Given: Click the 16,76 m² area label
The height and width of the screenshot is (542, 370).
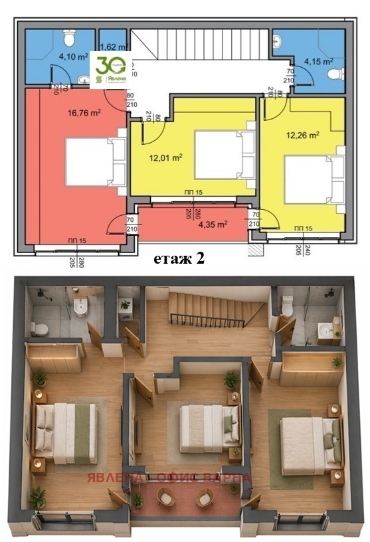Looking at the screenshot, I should tap(83, 113).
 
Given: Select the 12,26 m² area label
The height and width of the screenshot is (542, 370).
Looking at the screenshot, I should tap(303, 135).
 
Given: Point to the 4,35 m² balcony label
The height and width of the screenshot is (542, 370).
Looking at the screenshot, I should tap(213, 224).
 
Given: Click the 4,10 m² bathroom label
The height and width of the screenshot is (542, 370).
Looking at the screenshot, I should tap(73, 57).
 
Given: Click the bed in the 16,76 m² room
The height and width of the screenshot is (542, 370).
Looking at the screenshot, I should tap(93, 161).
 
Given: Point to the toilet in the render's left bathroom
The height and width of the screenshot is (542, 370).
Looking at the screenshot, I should tap(40, 328).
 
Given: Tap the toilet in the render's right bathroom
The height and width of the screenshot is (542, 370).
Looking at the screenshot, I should tap(288, 306).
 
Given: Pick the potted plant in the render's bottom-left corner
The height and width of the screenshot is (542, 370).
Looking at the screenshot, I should tap(37, 496).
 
